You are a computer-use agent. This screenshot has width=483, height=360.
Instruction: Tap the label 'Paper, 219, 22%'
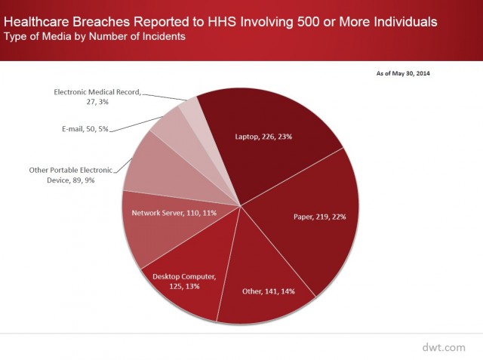(320, 217)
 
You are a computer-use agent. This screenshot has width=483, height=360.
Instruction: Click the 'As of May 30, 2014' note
(403, 73)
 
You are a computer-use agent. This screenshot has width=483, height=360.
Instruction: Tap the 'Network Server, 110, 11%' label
(174, 213)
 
